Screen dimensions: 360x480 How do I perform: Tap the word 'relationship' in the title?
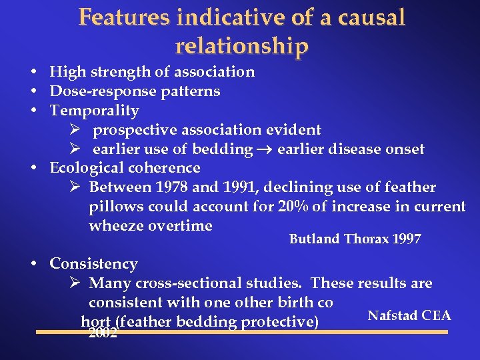tap(242, 46)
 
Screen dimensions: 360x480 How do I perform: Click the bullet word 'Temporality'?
tap(94, 110)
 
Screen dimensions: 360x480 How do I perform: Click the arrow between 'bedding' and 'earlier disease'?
tap(265, 149)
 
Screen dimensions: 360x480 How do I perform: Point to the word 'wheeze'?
tap(117, 226)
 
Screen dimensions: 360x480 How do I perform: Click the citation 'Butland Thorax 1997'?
tap(355, 239)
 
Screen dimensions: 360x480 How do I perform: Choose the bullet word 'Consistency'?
tap(93, 264)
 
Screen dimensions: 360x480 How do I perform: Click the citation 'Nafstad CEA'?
tap(409, 315)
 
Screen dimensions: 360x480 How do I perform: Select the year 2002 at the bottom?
tap(103, 333)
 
